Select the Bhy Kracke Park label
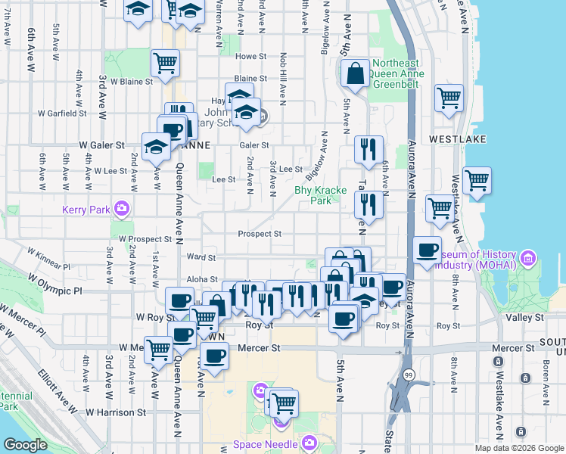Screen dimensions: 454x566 [313, 196]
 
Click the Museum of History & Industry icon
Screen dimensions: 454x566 [527, 259]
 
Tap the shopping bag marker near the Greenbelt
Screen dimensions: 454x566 [354, 74]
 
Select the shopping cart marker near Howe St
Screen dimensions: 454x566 [165, 64]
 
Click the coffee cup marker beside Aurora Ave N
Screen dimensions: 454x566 [428, 250]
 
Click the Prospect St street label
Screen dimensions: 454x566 [259, 234]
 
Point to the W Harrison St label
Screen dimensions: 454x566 [115, 412]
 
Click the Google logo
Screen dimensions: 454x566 [24, 445]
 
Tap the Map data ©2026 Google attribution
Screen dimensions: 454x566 [518, 448]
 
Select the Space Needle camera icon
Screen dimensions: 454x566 [309, 443]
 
